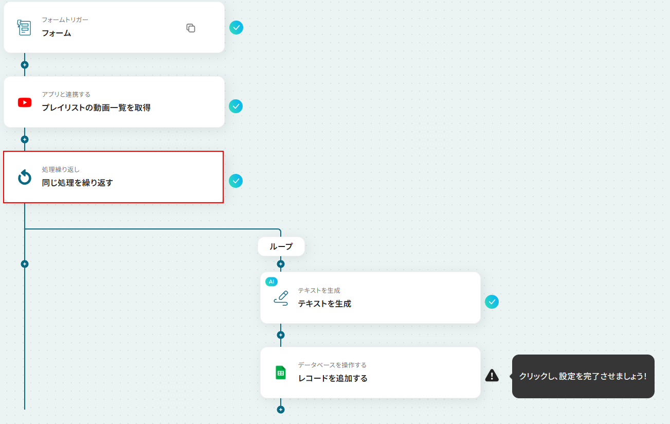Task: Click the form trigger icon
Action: coord(24,27)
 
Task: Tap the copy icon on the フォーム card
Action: coord(191,28)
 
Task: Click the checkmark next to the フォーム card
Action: coord(237,27)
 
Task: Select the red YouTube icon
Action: coord(25,102)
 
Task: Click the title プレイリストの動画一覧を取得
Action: coord(96,108)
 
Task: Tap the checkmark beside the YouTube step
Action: coord(236,106)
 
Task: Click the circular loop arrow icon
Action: coord(25,177)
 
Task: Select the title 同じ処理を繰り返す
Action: coord(77,183)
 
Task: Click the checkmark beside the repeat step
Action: coord(236,181)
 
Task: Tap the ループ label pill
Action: coord(281,246)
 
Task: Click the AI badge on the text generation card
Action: coord(271,281)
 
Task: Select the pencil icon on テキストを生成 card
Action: coord(281,298)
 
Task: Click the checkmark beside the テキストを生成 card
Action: coord(492,302)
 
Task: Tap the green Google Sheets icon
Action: coord(281,373)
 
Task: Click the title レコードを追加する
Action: coord(333,378)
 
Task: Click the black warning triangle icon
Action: coord(492,376)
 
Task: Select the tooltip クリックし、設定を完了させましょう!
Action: coord(583,376)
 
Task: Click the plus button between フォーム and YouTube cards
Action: coord(25,65)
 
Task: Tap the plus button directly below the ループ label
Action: coord(281,264)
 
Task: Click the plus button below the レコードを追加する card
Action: coord(281,410)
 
